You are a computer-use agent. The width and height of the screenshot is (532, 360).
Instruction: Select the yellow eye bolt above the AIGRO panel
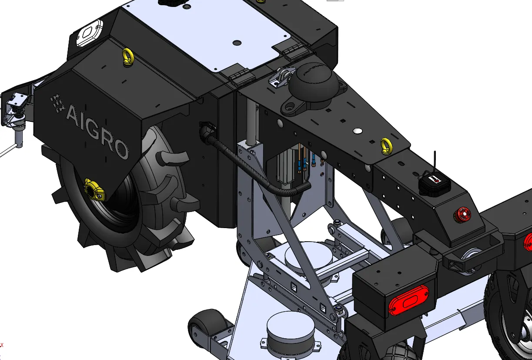coord(128,57)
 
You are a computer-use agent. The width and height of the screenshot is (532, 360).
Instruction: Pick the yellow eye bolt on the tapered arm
coord(386,146)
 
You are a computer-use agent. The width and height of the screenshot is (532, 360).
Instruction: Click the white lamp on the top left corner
coord(89,33)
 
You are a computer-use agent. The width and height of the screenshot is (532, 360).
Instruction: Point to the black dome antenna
coord(313,81)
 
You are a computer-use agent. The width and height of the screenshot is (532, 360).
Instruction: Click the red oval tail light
coord(408,300)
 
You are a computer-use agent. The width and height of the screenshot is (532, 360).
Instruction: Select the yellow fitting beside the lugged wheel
coord(94,189)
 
